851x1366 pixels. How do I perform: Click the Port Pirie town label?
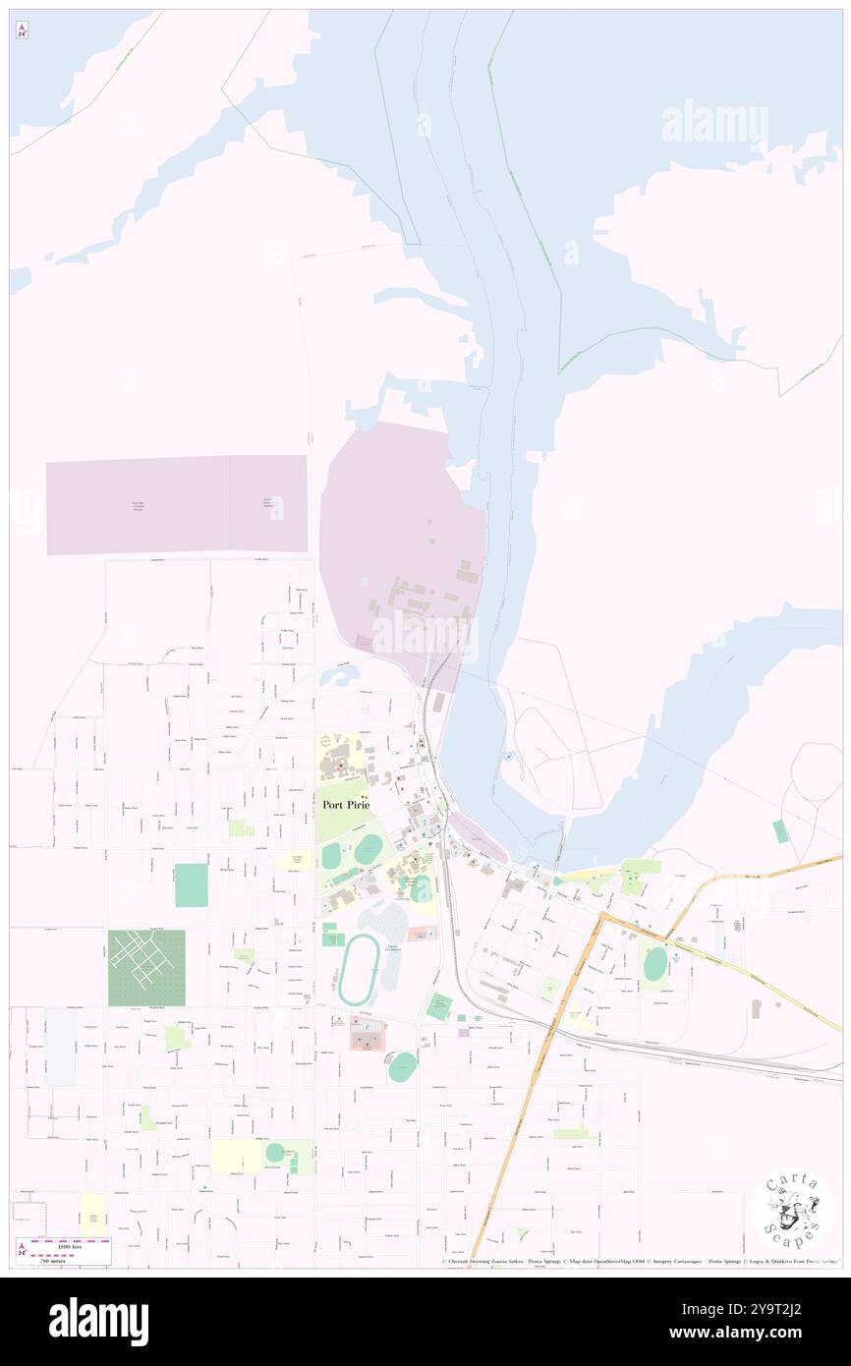point(347,804)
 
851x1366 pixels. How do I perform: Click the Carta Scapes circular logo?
point(793,1209)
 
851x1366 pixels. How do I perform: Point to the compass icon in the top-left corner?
point(22,30)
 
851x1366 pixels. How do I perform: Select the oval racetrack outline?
point(359,970)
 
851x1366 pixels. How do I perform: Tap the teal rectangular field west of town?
point(191,884)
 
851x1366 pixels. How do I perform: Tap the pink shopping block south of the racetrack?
point(368,1034)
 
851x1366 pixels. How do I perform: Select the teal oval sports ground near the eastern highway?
point(654,964)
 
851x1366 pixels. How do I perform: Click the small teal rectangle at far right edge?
point(779,831)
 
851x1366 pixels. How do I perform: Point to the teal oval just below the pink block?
point(401,1067)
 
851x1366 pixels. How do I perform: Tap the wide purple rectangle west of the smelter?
point(177,504)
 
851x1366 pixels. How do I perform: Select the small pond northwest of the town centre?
point(339,677)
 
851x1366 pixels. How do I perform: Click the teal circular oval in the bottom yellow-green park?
point(274,1152)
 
